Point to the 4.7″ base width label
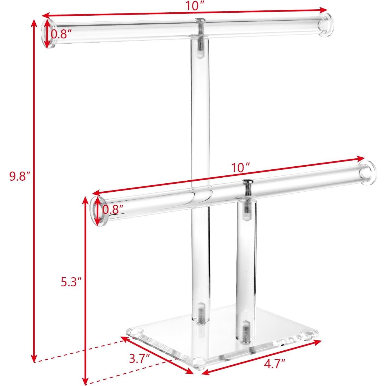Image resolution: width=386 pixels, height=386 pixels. coord(275,364)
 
